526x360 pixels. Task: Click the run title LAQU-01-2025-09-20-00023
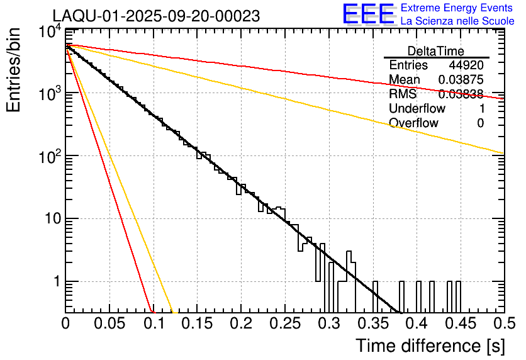coord(156,16)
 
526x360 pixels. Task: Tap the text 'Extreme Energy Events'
coord(457,8)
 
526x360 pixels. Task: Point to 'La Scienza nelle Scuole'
coord(457,21)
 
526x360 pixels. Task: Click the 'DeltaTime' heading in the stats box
coord(435,51)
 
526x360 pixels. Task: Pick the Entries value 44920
coord(466,65)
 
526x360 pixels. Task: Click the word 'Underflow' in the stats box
coord(417,108)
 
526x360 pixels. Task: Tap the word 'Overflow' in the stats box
coord(413,123)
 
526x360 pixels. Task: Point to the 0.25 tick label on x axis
coord(284,325)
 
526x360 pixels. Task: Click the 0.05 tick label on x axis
coord(109,325)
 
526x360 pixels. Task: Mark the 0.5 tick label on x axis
coord(501,325)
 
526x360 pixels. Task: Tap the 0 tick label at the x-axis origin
coord(65,325)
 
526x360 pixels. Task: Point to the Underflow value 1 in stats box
coord(481,108)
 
